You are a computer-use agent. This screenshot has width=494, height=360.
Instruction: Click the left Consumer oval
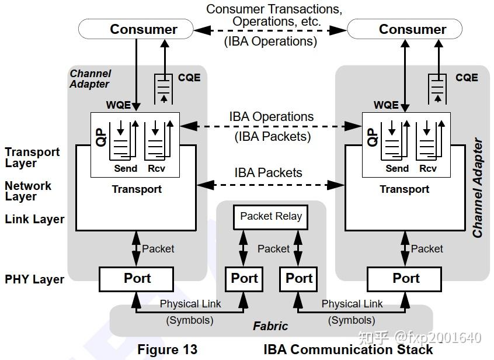(135, 29)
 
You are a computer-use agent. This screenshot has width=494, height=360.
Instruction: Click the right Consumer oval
(405, 29)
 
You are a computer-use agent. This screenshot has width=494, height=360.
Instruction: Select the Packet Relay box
(271, 216)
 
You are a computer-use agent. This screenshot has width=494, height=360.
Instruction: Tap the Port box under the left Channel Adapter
(137, 279)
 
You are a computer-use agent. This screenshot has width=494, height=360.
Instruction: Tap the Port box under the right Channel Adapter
(406, 279)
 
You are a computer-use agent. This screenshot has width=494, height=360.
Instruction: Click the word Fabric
(270, 326)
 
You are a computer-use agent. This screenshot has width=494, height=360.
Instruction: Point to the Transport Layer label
(32, 157)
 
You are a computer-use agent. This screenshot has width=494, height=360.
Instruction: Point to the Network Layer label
(28, 191)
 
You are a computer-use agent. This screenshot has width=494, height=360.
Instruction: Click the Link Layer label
(34, 220)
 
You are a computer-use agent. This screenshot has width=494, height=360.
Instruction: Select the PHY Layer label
(34, 279)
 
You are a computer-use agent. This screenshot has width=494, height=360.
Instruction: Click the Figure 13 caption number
(167, 349)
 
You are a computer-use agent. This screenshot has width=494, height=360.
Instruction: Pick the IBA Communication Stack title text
(348, 349)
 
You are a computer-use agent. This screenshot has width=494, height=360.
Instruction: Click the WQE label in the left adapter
(119, 105)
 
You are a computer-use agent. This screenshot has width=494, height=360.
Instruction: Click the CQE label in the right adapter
(467, 78)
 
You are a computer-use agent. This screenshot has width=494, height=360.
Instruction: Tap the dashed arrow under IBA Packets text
(270, 185)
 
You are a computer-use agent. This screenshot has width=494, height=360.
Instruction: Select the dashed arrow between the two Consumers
(270, 29)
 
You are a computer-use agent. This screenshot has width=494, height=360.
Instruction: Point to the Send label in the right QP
(397, 168)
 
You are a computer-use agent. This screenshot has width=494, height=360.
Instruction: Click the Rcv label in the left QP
(156, 168)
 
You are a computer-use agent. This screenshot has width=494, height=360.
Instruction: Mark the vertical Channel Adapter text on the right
(478, 188)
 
